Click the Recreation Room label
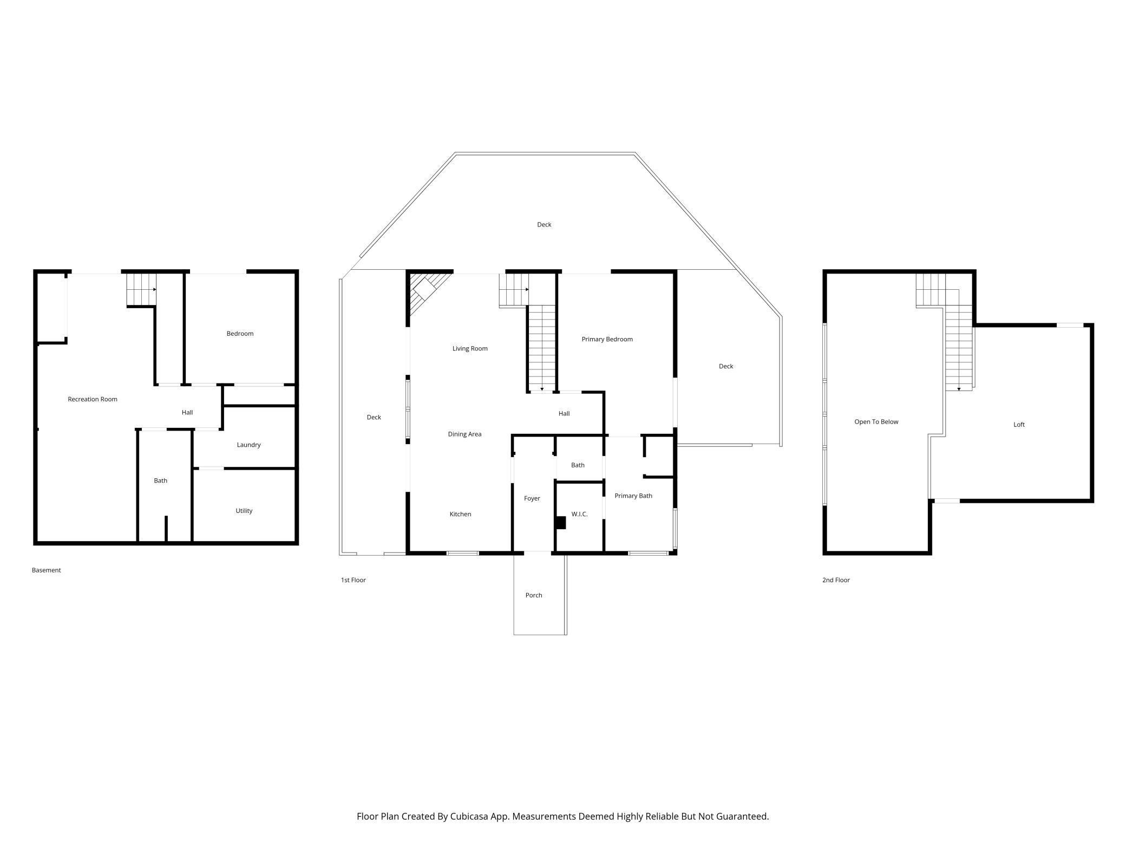(93, 399)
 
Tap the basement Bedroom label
(240, 334)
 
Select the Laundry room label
(249, 445)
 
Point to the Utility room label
(244, 511)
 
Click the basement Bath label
(161, 480)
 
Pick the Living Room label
(470, 349)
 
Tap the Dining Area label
(464, 434)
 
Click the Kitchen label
(460, 514)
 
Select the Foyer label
(532, 498)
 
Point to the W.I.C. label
(579, 514)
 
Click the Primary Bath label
(633, 496)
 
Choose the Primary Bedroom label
(607, 339)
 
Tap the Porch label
(534, 595)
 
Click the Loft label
(1019, 425)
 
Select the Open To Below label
(876, 422)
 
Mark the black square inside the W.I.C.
(560, 523)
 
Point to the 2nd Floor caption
(836, 580)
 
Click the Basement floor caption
(46, 570)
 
